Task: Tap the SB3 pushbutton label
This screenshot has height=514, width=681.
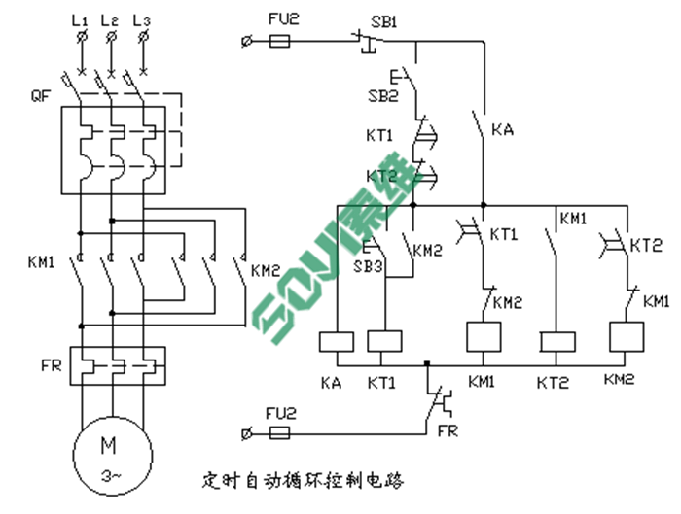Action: [x=368, y=266]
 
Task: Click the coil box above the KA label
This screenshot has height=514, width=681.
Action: [x=335, y=341]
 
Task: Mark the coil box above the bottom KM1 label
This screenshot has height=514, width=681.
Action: [x=484, y=337]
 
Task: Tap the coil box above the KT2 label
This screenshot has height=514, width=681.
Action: [x=556, y=341]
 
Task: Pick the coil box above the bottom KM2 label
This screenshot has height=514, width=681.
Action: [x=625, y=337]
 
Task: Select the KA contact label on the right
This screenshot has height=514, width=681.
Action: [x=502, y=129]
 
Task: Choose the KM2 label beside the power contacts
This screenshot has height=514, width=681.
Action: [x=266, y=271]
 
